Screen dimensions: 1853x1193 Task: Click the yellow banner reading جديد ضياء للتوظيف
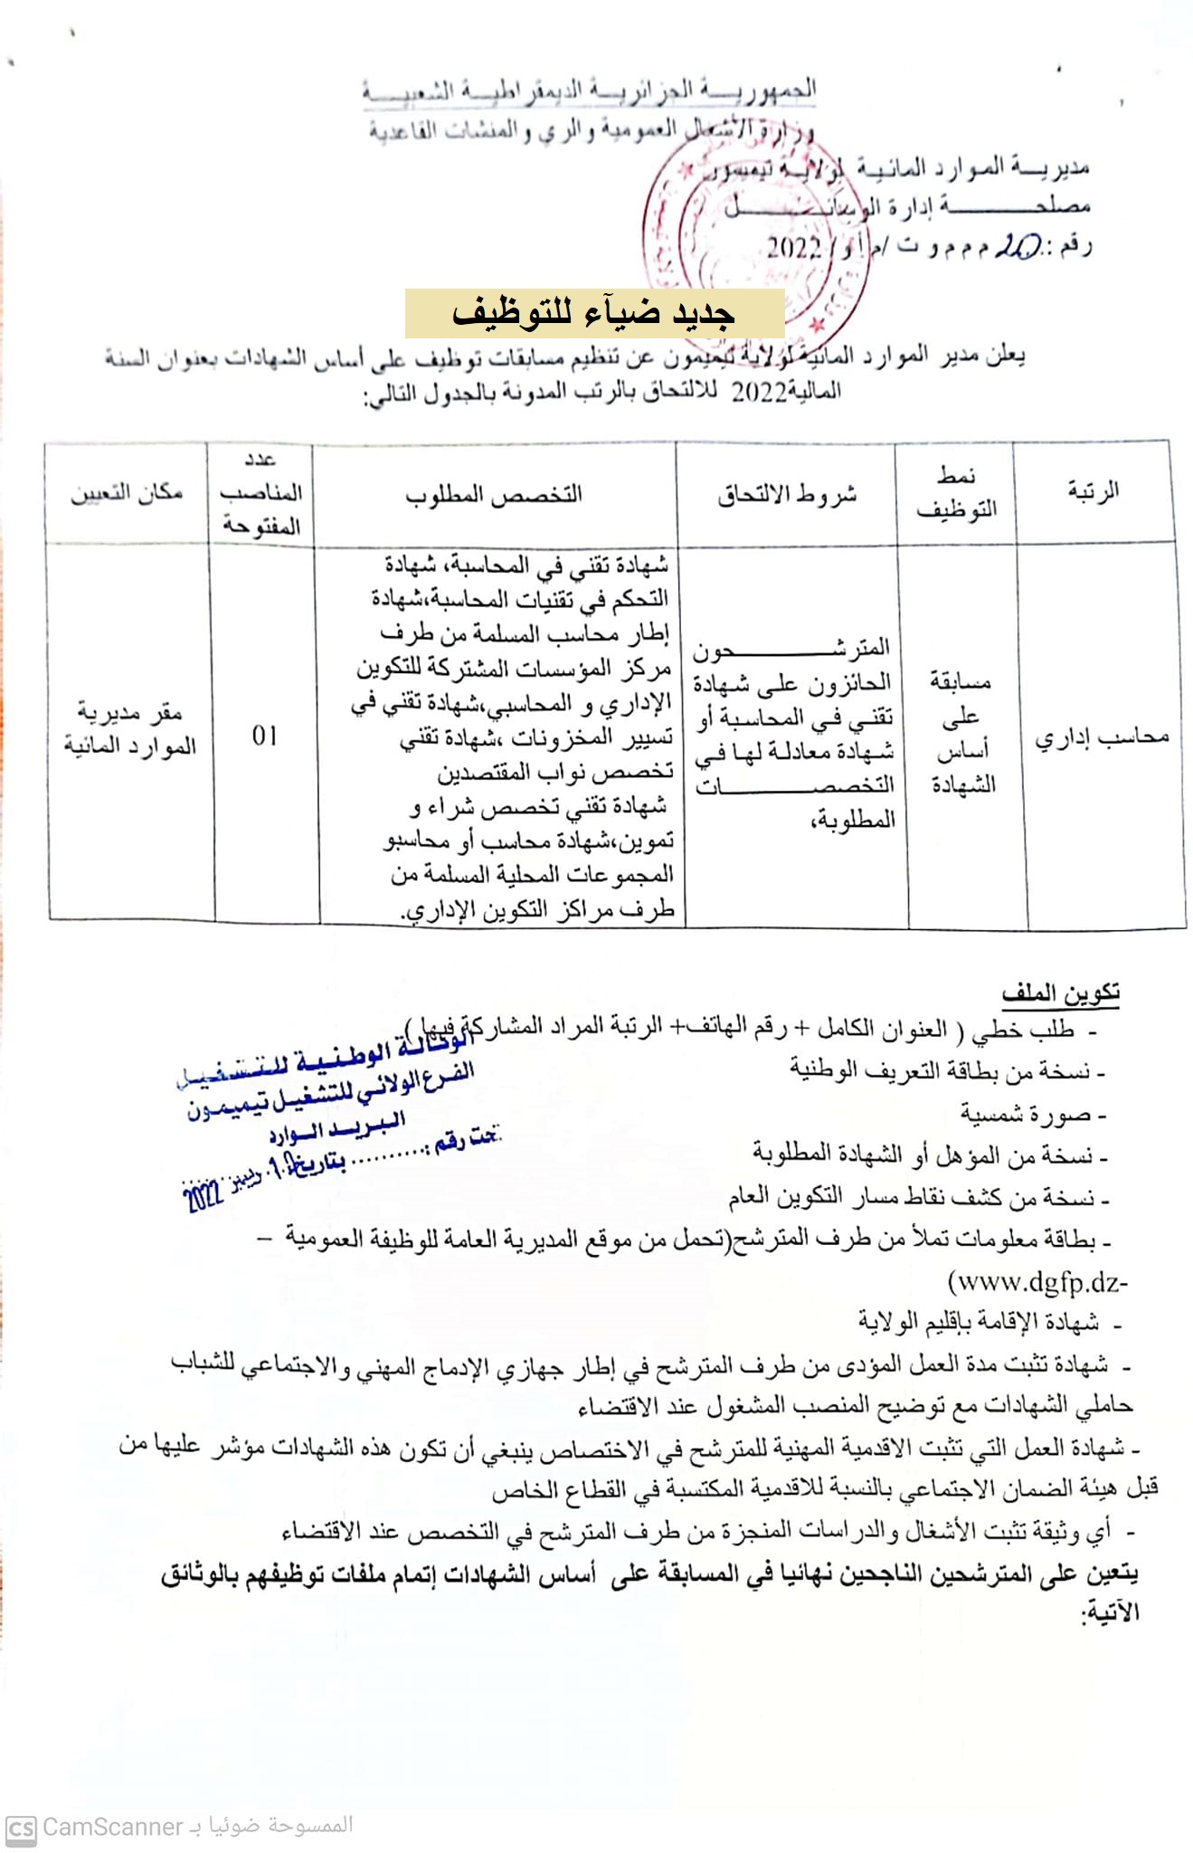pyautogui.click(x=594, y=313)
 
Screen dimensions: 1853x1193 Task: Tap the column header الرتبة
pyautogui.click(x=1094, y=491)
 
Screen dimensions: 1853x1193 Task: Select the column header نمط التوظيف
pyautogui.click(x=956, y=493)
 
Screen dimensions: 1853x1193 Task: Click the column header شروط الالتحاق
pyautogui.click(x=787, y=494)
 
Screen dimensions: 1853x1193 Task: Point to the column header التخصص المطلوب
pyautogui.click(x=494, y=494)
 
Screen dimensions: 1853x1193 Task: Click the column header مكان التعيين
pyautogui.click(x=127, y=492)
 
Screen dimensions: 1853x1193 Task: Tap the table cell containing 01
pyautogui.click(x=265, y=736)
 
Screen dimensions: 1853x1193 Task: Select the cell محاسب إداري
pyautogui.click(x=1102, y=737)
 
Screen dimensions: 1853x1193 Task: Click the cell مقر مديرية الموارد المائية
pyautogui.click(x=129, y=729)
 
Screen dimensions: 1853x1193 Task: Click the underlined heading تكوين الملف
pyautogui.click(x=1060, y=993)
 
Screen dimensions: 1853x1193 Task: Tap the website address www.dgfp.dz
pyautogui.click(x=1037, y=1282)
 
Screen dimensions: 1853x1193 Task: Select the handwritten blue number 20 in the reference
pyautogui.click(x=1018, y=248)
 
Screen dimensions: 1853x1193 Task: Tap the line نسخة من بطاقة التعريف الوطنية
pyautogui.click(x=941, y=1071)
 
